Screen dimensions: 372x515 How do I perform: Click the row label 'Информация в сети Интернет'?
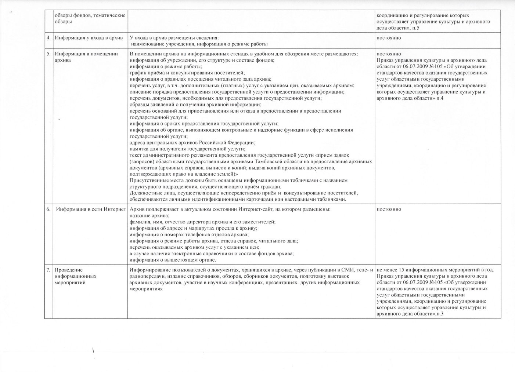coord(91,209)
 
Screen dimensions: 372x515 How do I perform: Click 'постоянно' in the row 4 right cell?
coord(389,38)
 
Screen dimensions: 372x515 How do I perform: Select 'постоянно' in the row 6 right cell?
coord(389,209)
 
